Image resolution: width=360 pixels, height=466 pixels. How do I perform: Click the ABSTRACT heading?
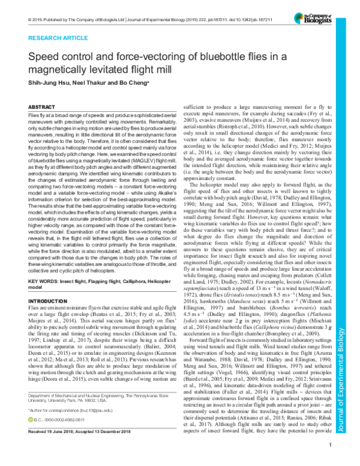click(x=43, y=106)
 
